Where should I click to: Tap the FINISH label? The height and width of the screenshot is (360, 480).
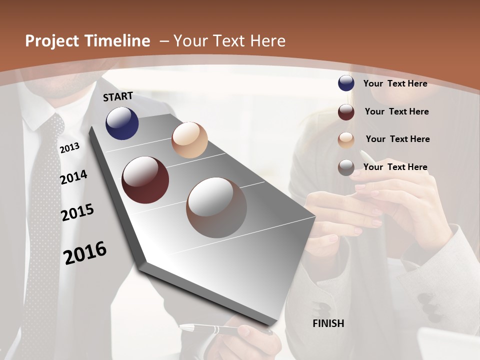pos(328,323)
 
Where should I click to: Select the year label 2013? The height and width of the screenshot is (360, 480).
pos(69,147)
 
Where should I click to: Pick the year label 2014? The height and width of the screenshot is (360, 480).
pos(73,177)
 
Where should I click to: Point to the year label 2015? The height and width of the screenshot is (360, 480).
pos(77,212)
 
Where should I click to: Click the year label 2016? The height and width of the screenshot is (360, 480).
pos(85,253)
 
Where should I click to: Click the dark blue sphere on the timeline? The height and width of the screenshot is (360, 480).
pos(122,123)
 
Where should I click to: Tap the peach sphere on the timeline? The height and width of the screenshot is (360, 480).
pos(189,140)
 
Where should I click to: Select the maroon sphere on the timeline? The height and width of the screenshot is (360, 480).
pos(145,180)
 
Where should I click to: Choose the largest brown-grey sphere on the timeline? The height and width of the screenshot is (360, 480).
pos(216,207)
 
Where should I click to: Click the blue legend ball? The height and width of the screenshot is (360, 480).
pos(346,83)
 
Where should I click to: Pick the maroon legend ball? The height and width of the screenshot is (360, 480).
pos(346,112)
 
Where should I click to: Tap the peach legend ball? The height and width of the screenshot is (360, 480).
pos(346,140)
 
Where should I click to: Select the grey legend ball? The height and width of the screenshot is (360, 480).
pos(346,167)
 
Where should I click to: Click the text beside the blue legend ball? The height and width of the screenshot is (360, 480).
pos(395,83)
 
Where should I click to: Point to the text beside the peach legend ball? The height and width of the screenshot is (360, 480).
pos(397,139)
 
